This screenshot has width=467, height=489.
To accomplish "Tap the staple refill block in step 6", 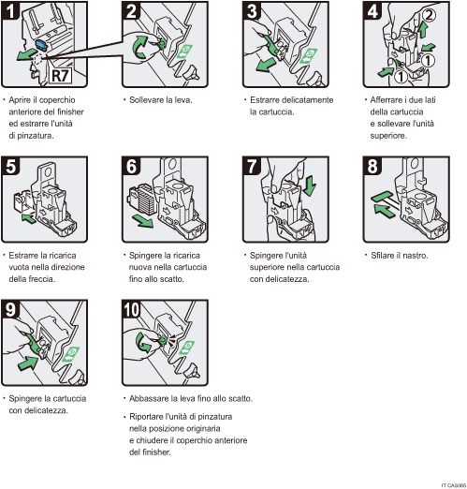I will click(139, 200).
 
